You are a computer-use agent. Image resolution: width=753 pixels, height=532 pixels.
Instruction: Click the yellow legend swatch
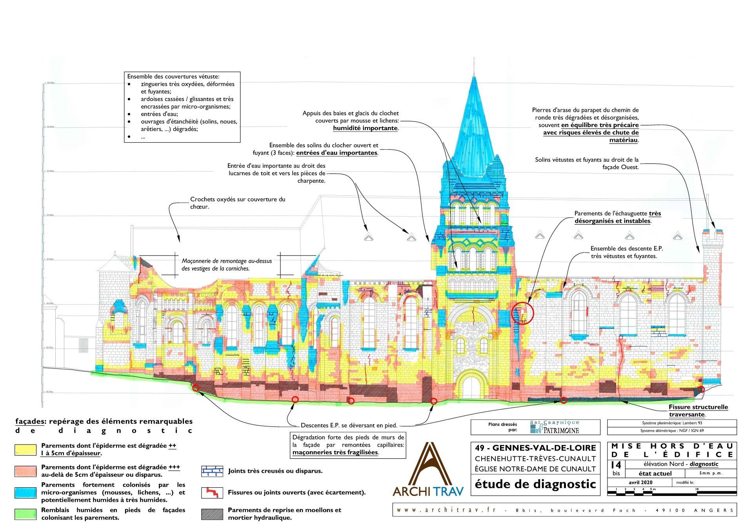tap(26, 449)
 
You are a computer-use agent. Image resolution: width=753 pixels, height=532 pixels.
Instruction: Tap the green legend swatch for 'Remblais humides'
tap(26, 514)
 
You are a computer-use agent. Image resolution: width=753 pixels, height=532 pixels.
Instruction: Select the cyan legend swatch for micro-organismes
tap(26, 492)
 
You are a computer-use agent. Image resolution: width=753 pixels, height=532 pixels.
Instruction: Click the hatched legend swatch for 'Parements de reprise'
tap(212, 514)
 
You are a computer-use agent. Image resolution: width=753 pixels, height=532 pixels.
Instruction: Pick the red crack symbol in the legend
tap(212, 492)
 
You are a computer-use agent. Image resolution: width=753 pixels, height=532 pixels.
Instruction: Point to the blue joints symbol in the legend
tap(212, 471)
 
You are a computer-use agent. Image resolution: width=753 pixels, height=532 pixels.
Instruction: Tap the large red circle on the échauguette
tap(523, 313)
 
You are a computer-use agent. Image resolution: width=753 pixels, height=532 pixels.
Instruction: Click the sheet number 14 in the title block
tap(616, 465)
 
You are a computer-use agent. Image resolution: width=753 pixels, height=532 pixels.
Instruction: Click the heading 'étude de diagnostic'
tap(535, 484)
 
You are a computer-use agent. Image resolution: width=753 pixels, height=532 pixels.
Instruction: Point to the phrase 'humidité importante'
tap(366, 128)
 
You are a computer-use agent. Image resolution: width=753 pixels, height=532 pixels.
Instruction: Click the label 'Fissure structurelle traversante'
tap(698, 410)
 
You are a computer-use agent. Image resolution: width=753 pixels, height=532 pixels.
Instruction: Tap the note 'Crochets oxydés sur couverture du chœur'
tap(238, 203)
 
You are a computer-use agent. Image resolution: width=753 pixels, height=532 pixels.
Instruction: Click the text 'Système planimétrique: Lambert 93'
tap(671, 423)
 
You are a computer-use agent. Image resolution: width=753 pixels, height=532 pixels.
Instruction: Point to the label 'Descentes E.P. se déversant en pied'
tap(349, 425)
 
